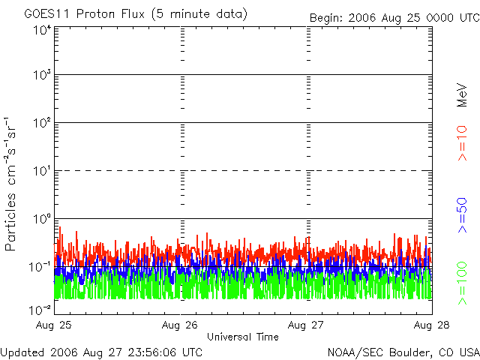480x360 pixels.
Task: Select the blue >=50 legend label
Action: (463, 216)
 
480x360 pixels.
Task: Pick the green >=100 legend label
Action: (463, 281)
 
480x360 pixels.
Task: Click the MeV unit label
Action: (463, 96)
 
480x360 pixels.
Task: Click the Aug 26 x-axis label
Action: (181, 325)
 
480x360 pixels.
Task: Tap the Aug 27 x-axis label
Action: (307, 325)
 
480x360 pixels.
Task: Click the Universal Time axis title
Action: (243, 337)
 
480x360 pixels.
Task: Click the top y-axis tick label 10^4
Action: (41, 31)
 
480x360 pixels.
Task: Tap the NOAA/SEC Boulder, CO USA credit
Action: (403, 352)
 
